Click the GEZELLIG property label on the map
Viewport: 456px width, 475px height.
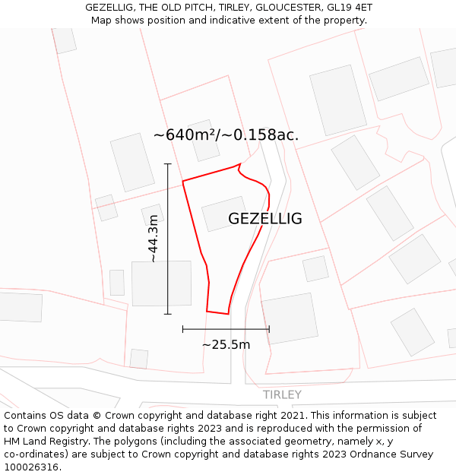[264, 219]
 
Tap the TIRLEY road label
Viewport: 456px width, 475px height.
[282, 394]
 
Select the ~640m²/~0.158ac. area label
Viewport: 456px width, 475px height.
[226, 135]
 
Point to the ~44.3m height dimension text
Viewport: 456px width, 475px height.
[154, 239]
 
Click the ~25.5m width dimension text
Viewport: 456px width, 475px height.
[226, 344]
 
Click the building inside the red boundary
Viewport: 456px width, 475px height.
[223, 214]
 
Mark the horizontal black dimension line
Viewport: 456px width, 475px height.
[226, 329]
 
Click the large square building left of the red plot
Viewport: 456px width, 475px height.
[161, 283]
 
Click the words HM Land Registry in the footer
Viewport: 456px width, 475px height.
[40, 442]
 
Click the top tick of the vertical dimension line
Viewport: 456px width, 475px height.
[168, 163]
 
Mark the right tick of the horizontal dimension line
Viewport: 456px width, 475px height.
[269, 329]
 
